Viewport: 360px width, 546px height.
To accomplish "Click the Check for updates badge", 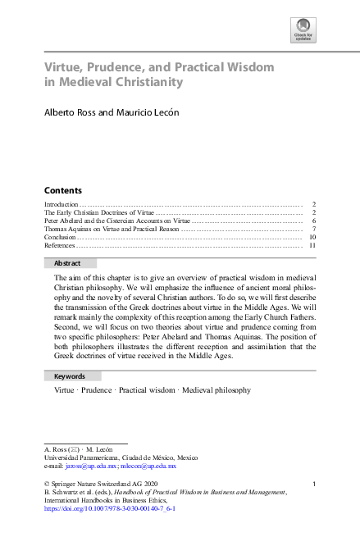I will [303, 31].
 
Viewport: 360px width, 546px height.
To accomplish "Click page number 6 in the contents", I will [314, 221].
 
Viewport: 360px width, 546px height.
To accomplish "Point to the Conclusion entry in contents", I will [59, 237].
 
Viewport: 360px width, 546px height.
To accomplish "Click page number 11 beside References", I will [313, 245].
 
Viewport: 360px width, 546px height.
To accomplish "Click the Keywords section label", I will [70, 376].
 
